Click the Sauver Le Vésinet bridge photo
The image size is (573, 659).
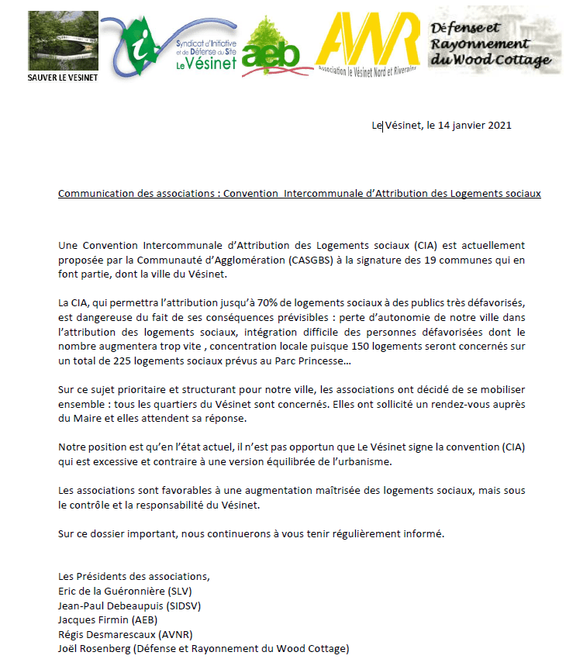[53, 41]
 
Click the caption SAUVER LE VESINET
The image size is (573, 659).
[53, 78]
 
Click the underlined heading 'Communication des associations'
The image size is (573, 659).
[137, 193]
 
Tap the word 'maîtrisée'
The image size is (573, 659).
[368, 491]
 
